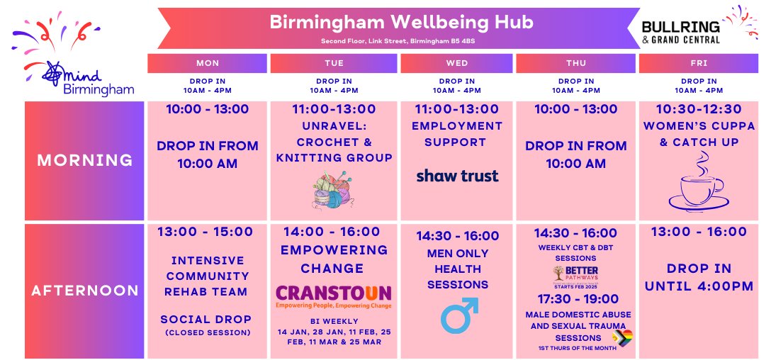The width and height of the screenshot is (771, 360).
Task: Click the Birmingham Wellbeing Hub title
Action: click(x=402, y=22)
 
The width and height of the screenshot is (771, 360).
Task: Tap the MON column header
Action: click(x=207, y=63)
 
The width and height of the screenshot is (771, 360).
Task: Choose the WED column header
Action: click(x=457, y=63)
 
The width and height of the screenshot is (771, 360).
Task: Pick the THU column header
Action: click(x=576, y=63)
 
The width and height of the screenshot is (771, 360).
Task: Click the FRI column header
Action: click(x=698, y=63)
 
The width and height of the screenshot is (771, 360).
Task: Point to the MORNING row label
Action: click(x=85, y=160)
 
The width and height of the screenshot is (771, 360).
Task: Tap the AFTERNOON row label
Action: click(x=85, y=291)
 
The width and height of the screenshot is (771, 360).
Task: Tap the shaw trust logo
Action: click(x=457, y=176)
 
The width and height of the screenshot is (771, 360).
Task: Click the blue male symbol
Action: click(x=459, y=315)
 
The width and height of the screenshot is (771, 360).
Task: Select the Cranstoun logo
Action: click(x=334, y=296)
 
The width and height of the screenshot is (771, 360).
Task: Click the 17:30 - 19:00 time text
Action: click(x=575, y=300)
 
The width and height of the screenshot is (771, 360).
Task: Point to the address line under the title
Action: click(x=401, y=40)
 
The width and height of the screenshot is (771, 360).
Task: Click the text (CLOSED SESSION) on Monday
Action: click(x=207, y=332)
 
